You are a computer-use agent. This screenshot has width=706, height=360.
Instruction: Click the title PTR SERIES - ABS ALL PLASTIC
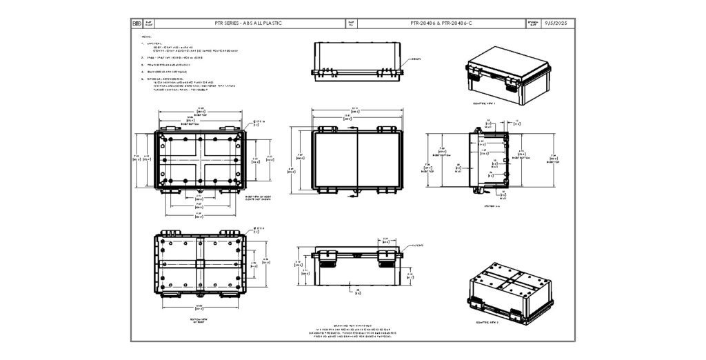(248, 23)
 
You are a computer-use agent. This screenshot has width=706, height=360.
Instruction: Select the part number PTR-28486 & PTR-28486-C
(441, 23)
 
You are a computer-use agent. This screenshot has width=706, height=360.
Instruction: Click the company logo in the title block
(137, 23)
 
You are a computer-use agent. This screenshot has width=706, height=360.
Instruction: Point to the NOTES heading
(145, 37)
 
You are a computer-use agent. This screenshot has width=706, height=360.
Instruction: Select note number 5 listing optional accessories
(143, 79)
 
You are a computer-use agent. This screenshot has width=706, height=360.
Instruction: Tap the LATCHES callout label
(418, 245)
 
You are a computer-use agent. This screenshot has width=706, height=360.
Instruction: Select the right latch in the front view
(385, 258)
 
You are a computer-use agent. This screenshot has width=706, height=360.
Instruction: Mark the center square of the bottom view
(200, 264)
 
